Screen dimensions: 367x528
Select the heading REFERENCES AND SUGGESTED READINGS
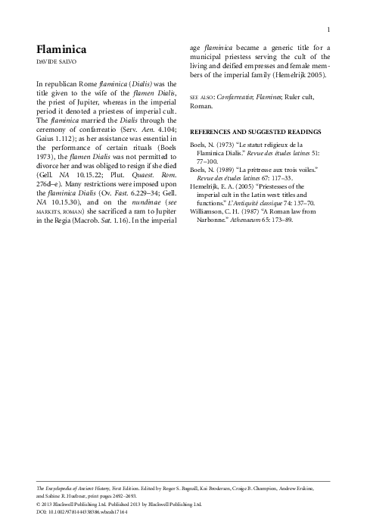coord(254,132)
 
